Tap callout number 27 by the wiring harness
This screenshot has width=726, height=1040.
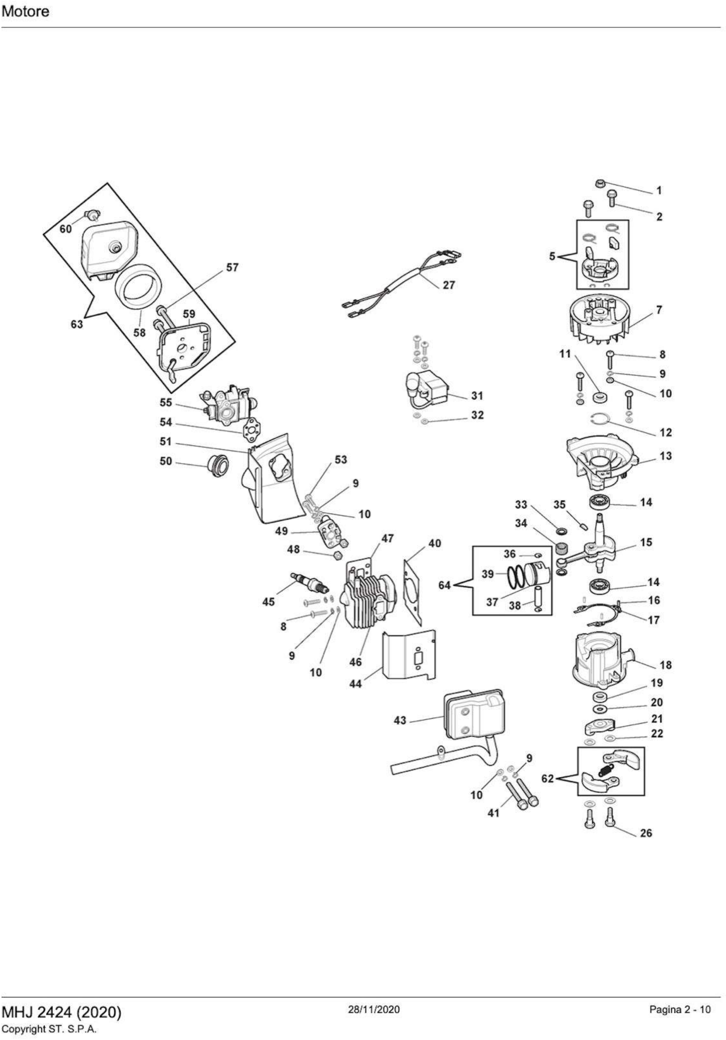[448, 285]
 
